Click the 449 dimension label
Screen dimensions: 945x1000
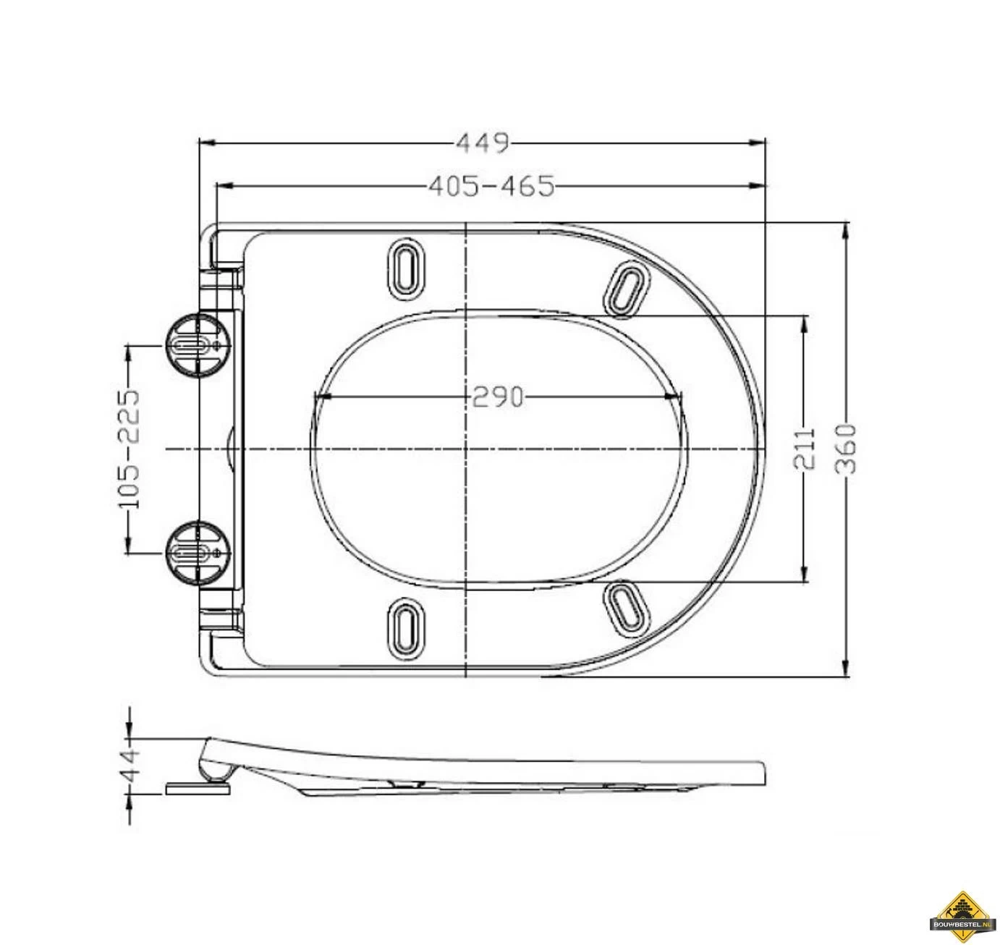(482, 143)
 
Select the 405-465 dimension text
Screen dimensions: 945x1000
(491, 186)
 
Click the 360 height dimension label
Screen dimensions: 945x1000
(846, 449)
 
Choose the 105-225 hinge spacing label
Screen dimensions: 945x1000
(129, 449)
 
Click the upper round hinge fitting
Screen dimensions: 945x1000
(196, 344)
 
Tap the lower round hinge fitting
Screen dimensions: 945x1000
(196, 552)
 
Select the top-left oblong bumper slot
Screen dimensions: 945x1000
(407, 268)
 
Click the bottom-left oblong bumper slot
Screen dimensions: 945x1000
(407, 629)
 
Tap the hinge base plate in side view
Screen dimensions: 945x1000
(198, 787)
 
